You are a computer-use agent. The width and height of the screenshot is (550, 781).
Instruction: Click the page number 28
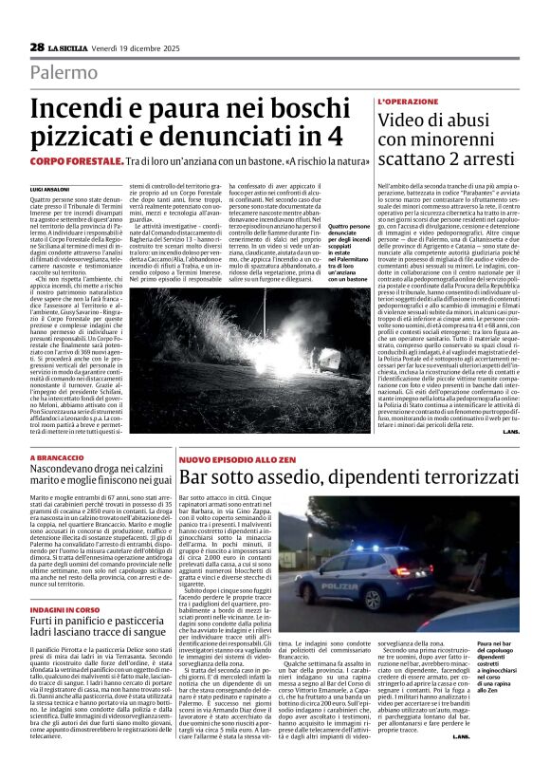coord(37,46)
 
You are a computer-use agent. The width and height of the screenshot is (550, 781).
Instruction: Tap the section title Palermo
coord(64,72)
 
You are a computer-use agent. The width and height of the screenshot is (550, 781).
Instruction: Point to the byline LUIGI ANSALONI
coord(49,190)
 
